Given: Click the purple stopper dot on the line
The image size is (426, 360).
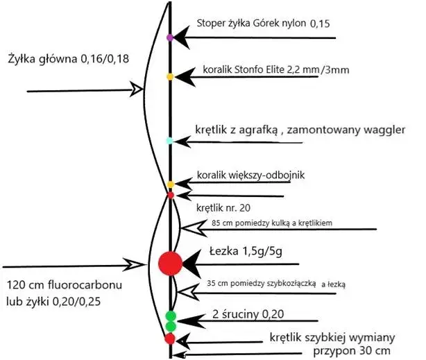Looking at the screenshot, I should (x=170, y=36).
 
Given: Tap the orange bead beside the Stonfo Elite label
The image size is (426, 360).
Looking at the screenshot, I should (x=170, y=76).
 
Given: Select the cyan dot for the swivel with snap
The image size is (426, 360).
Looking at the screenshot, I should (x=169, y=141).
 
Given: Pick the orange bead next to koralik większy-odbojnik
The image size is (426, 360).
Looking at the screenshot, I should (x=170, y=185).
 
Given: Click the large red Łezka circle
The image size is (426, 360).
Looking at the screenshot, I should (x=170, y=263).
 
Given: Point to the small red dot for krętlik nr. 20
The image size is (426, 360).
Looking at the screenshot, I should (x=171, y=196).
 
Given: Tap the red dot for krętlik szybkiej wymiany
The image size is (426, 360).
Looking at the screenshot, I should (x=169, y=339).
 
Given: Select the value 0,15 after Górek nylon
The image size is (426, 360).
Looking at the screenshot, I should (x=320, y=24).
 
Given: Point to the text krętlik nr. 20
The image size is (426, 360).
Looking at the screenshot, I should (x=221, y=207).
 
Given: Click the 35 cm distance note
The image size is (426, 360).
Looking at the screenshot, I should (x=281, y=284).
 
